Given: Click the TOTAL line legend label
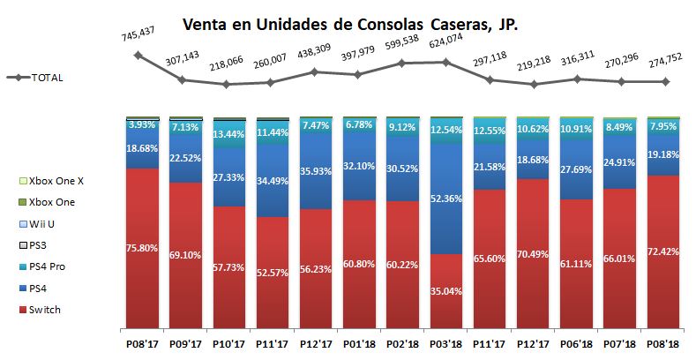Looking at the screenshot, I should [x=46, y=77].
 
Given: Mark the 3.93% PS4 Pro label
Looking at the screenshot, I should [x=142, y=126].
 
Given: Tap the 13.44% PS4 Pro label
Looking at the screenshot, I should [x=229, y=134].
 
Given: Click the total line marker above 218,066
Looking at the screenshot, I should [x=227, y=85].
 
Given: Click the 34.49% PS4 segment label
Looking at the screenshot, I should [x=273, y=181].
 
